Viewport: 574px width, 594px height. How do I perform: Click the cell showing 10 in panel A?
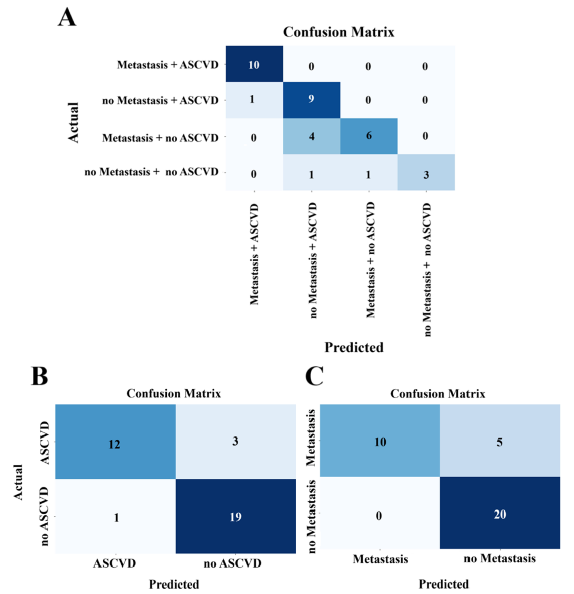point(254,64)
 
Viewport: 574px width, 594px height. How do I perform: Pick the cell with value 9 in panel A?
point(311,99)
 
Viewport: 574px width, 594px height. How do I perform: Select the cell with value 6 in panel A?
point(368,136)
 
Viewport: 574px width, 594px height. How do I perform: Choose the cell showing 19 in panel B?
point(235,517)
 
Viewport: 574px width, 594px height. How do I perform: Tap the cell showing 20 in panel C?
point(500,514)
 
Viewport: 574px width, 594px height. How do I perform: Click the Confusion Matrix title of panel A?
point(339,32)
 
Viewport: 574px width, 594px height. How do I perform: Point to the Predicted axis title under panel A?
point(354,347)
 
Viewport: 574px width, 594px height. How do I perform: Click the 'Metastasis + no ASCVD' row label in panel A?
point(160,138)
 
